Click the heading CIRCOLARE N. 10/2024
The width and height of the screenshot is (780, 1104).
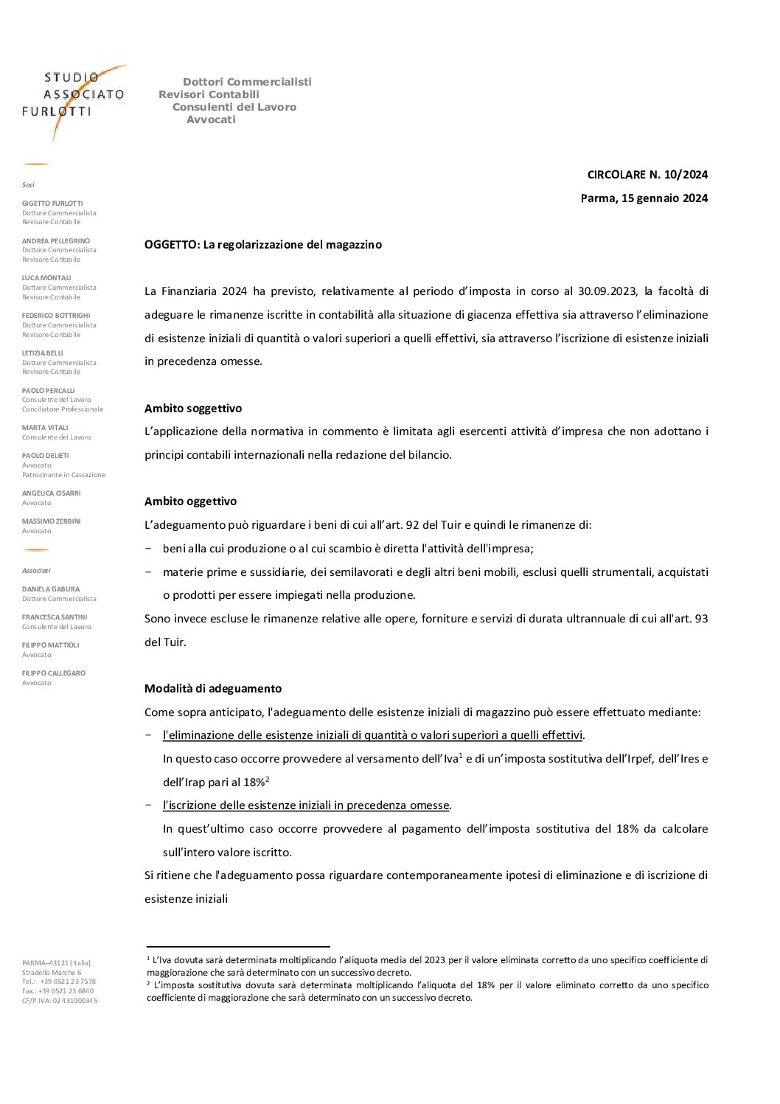click(647, 175)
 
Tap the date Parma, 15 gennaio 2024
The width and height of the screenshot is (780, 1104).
click(644, 198)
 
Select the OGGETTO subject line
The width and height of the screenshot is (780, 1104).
click(263, 245)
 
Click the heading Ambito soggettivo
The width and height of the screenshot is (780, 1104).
click(193, 408)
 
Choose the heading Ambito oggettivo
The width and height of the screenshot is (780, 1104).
click(190, 501)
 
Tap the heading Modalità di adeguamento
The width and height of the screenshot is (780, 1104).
click(213, 689)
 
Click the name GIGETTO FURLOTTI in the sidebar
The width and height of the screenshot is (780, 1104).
click(52, 203)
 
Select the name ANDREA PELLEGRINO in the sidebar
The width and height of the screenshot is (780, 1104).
click(56, 240)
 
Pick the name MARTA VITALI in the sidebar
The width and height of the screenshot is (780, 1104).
click(46, 428)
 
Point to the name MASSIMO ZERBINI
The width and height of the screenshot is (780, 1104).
click(52, 521)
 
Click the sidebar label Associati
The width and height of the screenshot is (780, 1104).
click(36, 570)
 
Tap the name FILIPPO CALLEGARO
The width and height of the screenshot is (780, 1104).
click(54, 673)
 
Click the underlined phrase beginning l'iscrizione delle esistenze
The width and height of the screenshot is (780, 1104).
click(307, 805)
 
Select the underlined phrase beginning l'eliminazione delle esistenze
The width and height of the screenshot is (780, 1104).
click(372, 735)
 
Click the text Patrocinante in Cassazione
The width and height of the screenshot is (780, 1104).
click(63, 475)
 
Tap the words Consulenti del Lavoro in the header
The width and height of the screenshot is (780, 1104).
click(234, 107)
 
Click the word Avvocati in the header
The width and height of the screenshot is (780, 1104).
click(211, 119)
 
